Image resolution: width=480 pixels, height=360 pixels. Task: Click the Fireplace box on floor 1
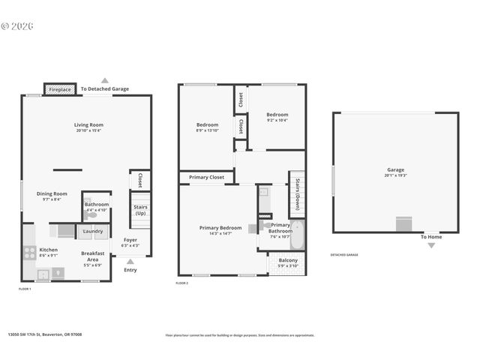point(60,89)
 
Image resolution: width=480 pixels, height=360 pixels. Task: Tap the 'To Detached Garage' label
point(104,89)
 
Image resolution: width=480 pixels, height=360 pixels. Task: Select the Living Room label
point(88,125)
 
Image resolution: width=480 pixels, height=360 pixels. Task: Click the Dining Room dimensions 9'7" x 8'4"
point(52,199)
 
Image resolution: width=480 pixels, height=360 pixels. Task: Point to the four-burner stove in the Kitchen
point(30,253)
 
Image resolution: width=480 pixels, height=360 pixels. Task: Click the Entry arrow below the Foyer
point(130,262)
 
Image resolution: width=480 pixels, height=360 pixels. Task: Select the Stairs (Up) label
point(140,210)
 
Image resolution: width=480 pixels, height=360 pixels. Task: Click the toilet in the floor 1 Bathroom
point(91,215)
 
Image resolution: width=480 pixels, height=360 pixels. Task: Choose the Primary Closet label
point(206,178)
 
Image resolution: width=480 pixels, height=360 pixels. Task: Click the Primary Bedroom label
point(220,228)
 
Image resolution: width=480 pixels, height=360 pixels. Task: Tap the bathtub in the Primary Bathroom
point(297,235)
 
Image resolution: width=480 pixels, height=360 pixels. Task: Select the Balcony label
point(288,260)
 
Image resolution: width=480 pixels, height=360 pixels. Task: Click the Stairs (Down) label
point(297,195)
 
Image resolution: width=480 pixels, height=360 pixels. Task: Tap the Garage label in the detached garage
point(395,170)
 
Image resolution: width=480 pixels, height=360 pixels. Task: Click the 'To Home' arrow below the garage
point(430,244)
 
